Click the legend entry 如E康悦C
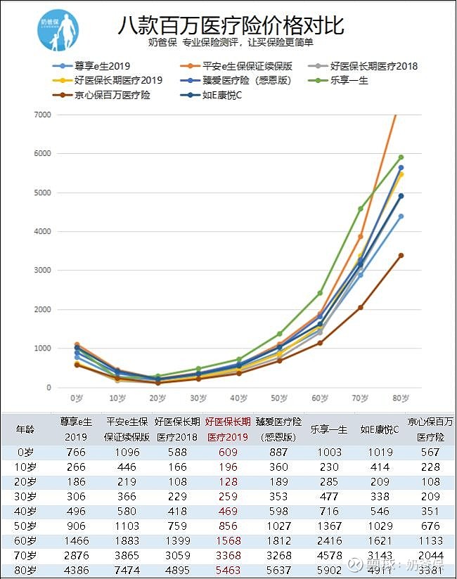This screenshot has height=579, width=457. click(221, 95)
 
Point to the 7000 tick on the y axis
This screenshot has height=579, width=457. click(42, 115)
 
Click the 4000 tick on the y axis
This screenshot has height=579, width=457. click(42, 231)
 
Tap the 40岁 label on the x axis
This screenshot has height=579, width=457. click(238, 398)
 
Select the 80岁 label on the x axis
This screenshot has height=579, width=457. click(401, 398)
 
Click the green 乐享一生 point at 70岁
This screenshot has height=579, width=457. click(361, 209)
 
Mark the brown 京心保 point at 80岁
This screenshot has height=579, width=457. click(401, 255)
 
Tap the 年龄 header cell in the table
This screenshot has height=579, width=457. click(25, 429)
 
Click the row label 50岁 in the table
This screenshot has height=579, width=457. click(25, 525)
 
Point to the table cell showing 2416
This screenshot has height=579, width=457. click(329, 540)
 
